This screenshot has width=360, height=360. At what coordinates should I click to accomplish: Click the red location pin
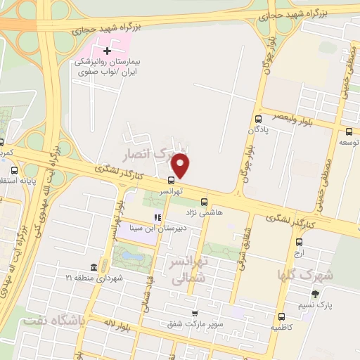coord(181,166)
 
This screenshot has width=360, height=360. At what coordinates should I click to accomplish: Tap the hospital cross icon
coord(107,51)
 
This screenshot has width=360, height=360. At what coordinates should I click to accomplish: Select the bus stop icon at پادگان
coord(259,119)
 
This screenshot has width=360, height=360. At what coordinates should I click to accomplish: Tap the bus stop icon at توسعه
coord(349,131)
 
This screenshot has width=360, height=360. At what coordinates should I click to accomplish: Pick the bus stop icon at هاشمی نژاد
coord(204,200)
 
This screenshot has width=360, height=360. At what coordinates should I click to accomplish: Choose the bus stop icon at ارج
coord(298,243)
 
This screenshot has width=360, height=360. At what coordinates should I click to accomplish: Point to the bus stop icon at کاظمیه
coord(281,316)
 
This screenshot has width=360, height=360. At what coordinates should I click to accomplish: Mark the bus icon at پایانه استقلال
coord(15,170)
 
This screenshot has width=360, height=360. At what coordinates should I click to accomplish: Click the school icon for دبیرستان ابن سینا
coord(158,217)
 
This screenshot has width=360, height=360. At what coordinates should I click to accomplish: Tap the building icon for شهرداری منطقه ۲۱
coord(94,269)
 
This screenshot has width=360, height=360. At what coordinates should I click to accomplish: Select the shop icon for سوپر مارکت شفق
coord(195,314)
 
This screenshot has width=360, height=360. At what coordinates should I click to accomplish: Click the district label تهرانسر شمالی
coord(184,270)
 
